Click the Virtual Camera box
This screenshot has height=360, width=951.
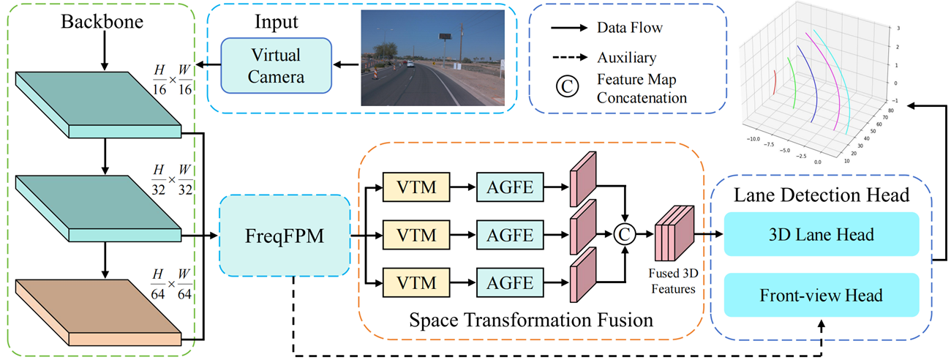276,65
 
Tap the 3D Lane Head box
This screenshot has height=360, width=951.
820,234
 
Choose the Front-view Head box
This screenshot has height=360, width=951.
820,295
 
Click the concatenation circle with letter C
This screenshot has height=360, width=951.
625,234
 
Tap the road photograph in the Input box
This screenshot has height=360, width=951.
433,58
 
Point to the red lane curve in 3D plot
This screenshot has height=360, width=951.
774,81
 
